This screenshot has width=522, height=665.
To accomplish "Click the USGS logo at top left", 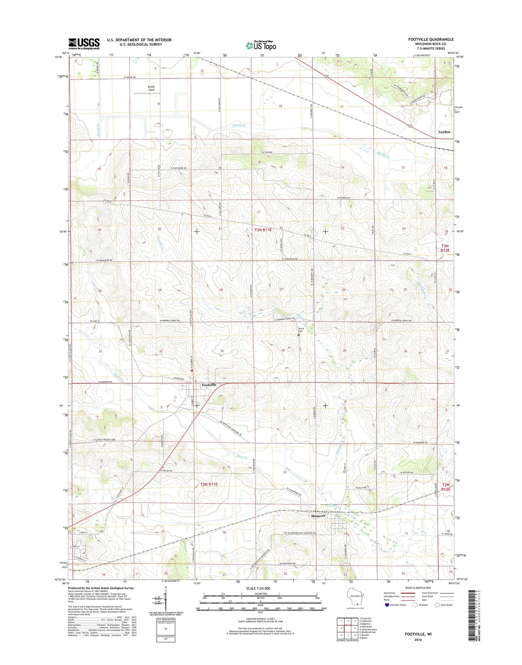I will tap(84, 44).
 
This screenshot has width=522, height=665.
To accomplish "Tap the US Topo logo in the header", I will tap(261, 45).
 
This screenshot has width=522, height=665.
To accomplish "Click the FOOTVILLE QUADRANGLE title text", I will tap(431, 39).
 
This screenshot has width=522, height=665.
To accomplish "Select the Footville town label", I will tap(209, 385).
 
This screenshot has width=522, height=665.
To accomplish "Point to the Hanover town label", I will tap(318, 516).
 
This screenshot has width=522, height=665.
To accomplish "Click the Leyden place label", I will tap(444, 132).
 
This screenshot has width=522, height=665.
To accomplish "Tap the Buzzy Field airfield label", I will tap(151, 88).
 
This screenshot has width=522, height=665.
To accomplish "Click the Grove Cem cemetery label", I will tap(301, 330).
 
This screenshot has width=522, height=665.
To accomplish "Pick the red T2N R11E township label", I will tap(209, 484).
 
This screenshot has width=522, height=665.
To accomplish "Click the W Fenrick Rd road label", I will tap(344, 198).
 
